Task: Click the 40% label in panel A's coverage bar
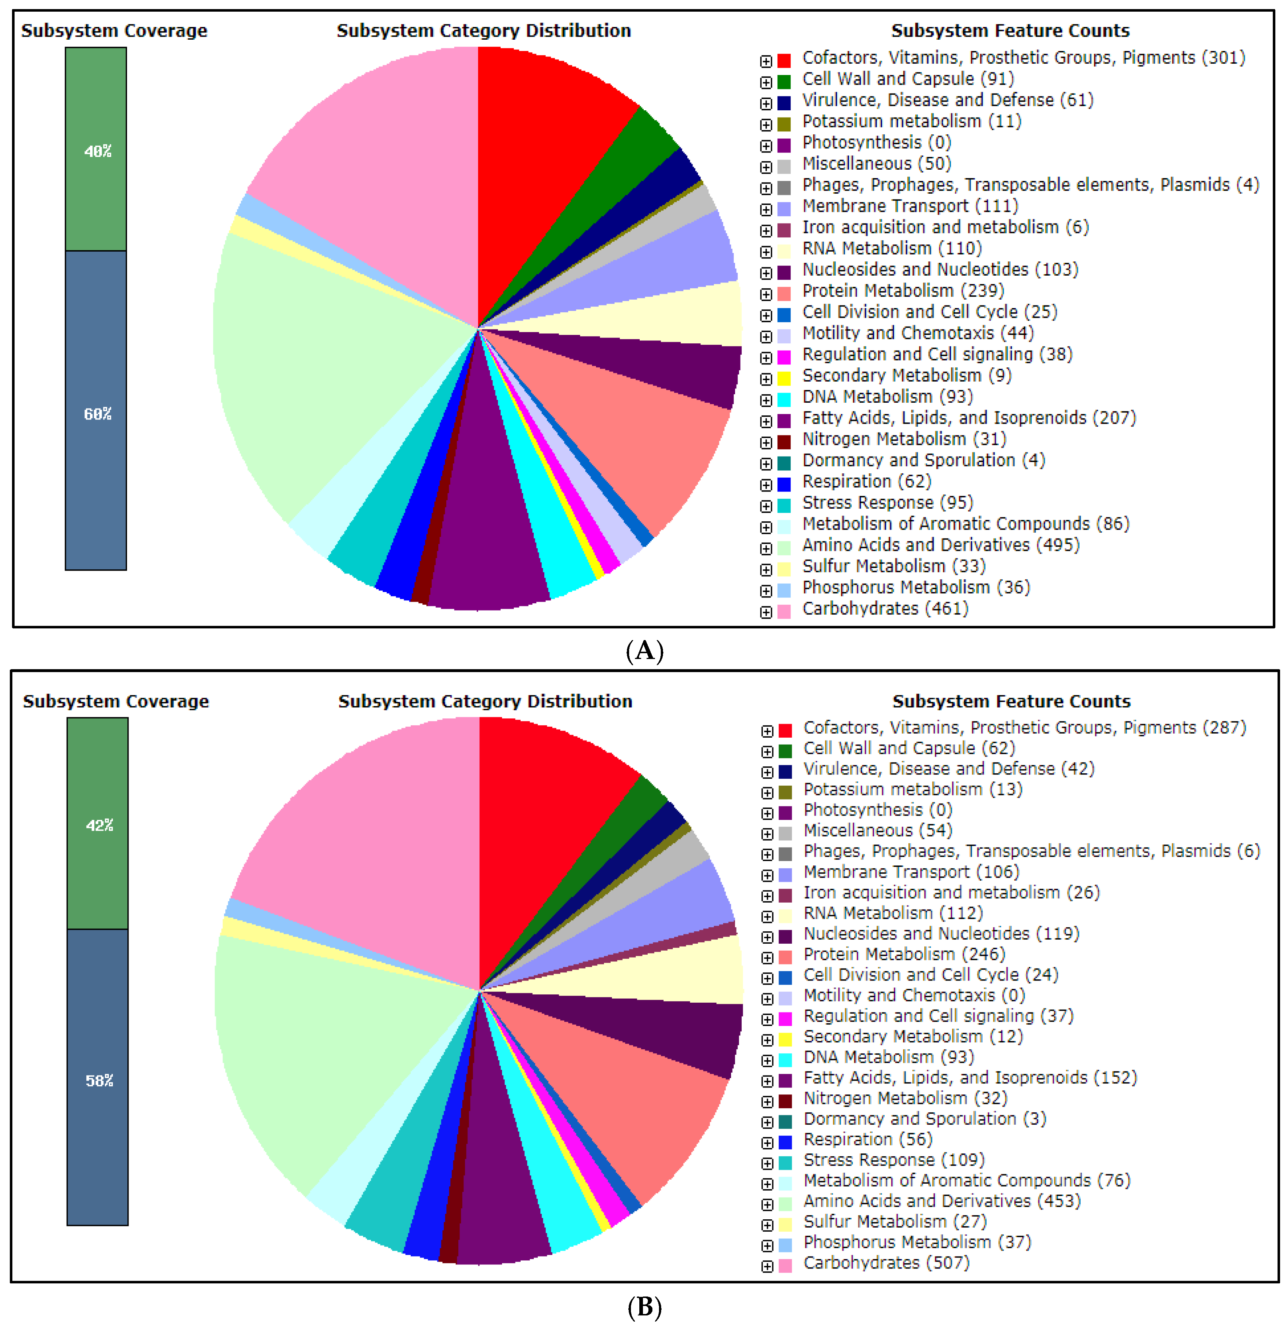tap(98, 151)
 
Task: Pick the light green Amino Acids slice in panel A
tap(325, 380)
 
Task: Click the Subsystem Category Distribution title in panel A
tap(484, 31)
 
